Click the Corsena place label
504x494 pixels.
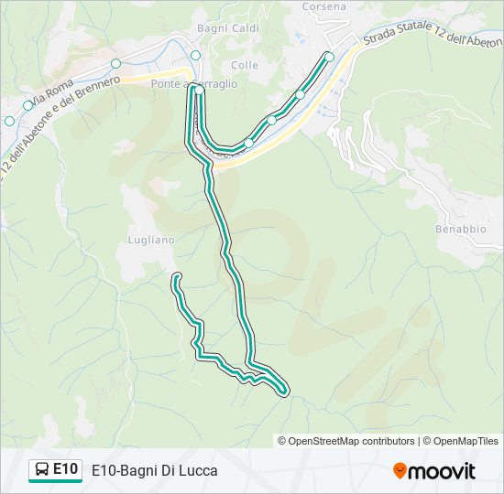[325, 6]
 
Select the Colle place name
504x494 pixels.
[245, 65]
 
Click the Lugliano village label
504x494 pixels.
[145, 240]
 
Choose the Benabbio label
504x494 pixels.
[461, 229]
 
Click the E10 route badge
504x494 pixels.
[56, 469]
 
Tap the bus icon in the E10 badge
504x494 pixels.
[42, 470]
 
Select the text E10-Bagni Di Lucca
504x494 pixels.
[154, 470]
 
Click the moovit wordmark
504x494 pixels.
[442, 471]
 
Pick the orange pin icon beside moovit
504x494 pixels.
[400, 470]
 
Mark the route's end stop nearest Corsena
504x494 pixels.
[330, 57]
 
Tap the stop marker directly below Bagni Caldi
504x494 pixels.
[195, 55]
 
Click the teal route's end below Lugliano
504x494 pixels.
[176, 276]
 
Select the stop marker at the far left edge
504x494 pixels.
[9, 121]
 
